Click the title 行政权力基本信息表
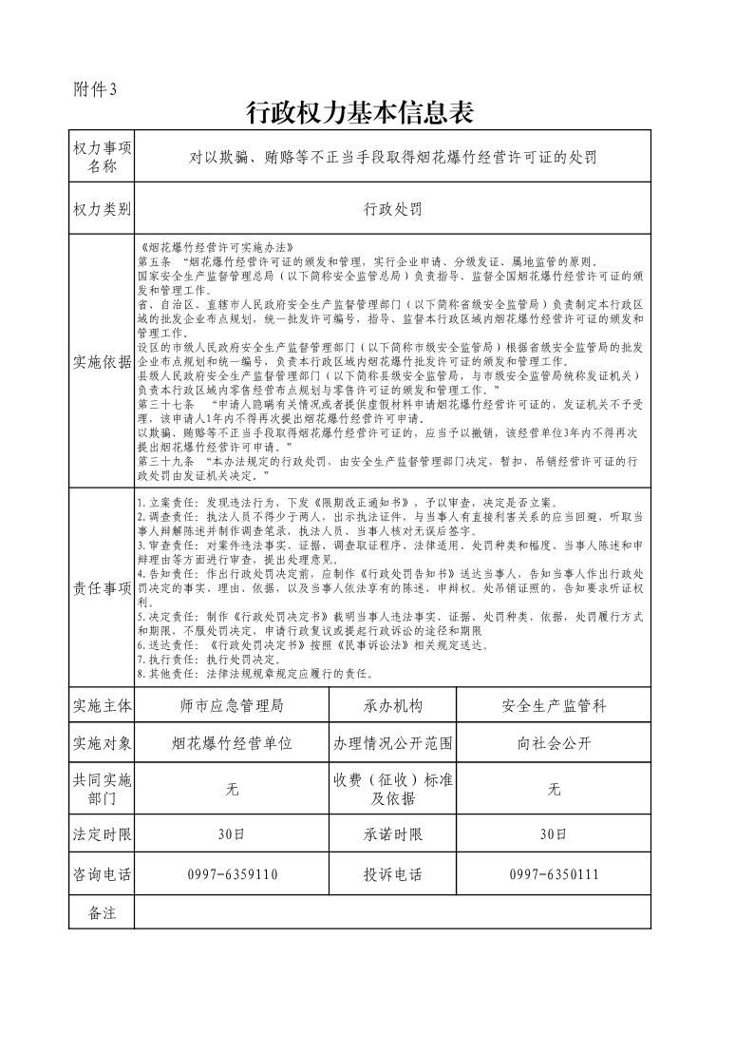[x=359, y=113]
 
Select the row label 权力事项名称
[x=102, y=157]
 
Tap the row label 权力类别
[x=102, y=208]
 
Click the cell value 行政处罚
[x=392, y=208]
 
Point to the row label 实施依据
[x=102, y=361]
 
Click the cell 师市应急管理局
[x=231, y=706]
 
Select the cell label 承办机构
[x=392, y=706]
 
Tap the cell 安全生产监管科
[x=554, y=706]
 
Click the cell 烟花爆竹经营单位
[x=231, y=743]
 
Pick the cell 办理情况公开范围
[x=392, y=743]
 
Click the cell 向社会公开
[x=554, y=743]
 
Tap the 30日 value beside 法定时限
[x=231, y=834]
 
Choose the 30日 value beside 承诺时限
[x=554, y=834]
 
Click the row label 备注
[x=102, y=912]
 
